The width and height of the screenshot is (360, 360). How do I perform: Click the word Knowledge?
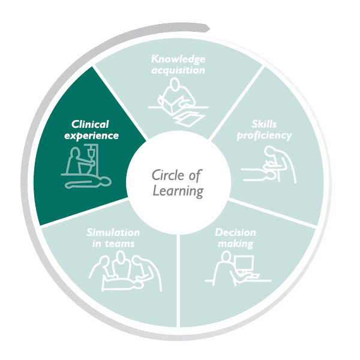178,59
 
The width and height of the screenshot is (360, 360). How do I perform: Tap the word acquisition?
178,70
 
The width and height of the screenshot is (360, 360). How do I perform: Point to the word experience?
92,136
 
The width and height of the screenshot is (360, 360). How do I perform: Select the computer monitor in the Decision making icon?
245,264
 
